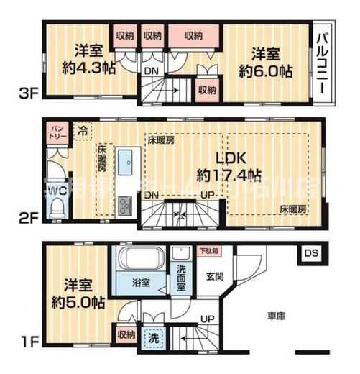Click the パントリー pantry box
(57, 131)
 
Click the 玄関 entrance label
(215, 275)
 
